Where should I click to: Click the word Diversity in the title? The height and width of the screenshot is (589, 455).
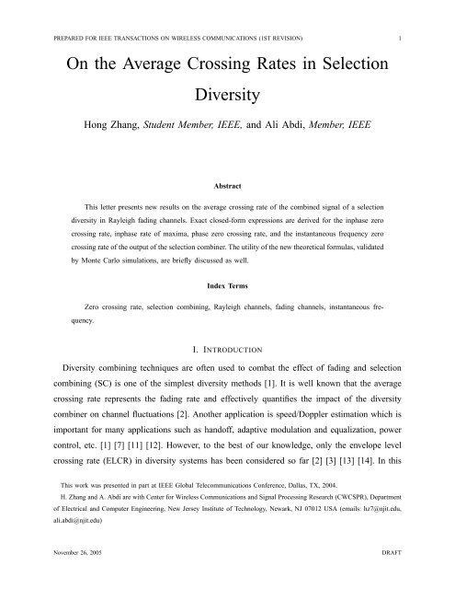click(227, 94)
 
